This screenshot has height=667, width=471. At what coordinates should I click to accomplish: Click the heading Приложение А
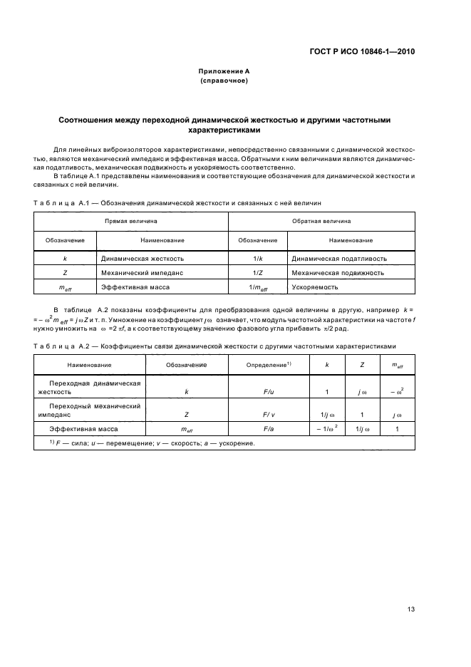click(224, 72)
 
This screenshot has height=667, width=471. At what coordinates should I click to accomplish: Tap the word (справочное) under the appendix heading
click(224, 81)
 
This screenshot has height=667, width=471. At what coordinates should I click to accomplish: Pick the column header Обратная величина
click(322, 222)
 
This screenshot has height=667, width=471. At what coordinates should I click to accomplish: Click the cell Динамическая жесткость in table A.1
click(143, 258)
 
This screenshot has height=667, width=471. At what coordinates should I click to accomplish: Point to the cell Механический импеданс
click(143, 272)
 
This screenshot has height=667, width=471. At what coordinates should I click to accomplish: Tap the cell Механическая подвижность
click(338, 272)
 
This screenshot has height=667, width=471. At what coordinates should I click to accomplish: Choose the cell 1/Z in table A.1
click(258, 272)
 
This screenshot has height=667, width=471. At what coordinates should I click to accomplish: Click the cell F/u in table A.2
click(268, 391)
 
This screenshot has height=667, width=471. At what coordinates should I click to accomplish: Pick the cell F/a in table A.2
click(268, 429)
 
